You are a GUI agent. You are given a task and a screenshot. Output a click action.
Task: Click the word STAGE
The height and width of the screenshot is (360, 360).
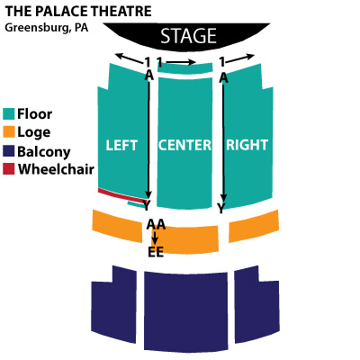(x=188, y=36)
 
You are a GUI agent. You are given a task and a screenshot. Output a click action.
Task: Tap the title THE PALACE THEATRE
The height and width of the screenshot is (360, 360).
(x=78, y=12)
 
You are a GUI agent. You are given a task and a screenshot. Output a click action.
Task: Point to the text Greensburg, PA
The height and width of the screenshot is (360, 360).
(x=47, y=28)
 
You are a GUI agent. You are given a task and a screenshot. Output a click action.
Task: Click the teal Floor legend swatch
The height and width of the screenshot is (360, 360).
(x=9, y=114)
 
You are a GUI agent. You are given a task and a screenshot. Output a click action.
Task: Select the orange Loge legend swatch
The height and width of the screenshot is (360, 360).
(x=9, y=132)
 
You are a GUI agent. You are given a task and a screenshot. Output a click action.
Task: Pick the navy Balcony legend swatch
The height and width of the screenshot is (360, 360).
(x=9, y=151)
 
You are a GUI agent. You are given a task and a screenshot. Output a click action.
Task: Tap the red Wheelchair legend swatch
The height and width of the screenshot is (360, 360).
(x=9, y=169)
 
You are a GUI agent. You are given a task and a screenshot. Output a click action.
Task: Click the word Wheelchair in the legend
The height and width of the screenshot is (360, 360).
(x=56, y=169)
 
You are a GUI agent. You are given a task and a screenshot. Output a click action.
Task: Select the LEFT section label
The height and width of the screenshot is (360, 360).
(x=121, y=145)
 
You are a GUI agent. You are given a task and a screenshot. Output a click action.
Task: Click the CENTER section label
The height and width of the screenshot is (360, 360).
(x=184, y=145)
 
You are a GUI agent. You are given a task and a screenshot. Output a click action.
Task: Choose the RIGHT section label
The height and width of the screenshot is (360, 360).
(x=247, y=145)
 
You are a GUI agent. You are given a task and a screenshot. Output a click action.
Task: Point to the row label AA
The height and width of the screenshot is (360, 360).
(x=156, y=224)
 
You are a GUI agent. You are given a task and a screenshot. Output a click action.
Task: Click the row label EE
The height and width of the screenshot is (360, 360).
(x=156, y=252)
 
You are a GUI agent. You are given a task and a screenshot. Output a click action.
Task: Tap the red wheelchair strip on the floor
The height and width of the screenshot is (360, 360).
(x=121, y=196)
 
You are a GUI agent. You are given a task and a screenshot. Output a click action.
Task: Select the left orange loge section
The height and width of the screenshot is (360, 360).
(x=117, y=226)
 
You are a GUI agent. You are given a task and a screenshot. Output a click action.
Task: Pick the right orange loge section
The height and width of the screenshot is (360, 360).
(x=254, y=226)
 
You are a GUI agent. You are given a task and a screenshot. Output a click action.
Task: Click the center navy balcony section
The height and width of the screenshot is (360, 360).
(x=186, y=311)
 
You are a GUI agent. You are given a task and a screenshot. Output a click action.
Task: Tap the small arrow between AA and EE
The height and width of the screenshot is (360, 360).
(x=155, y=238)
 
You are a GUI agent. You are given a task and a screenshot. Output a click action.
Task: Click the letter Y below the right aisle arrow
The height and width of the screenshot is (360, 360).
(x=221, y=208)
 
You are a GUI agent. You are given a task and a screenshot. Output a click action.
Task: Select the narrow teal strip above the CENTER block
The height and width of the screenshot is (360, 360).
(x=185, y=69)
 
